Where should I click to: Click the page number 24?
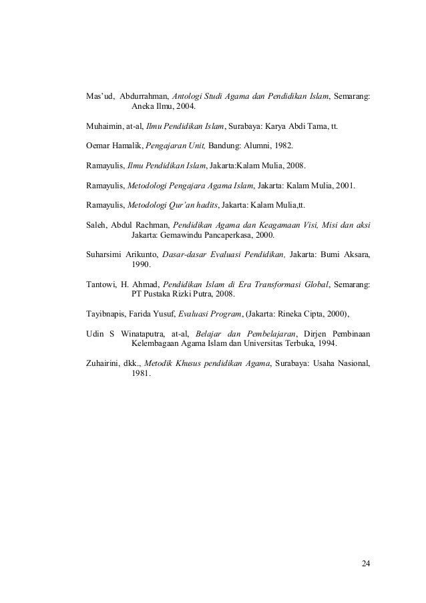click(365, 564)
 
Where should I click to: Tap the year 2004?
click(186, 106)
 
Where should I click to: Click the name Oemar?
click(99, 144)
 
